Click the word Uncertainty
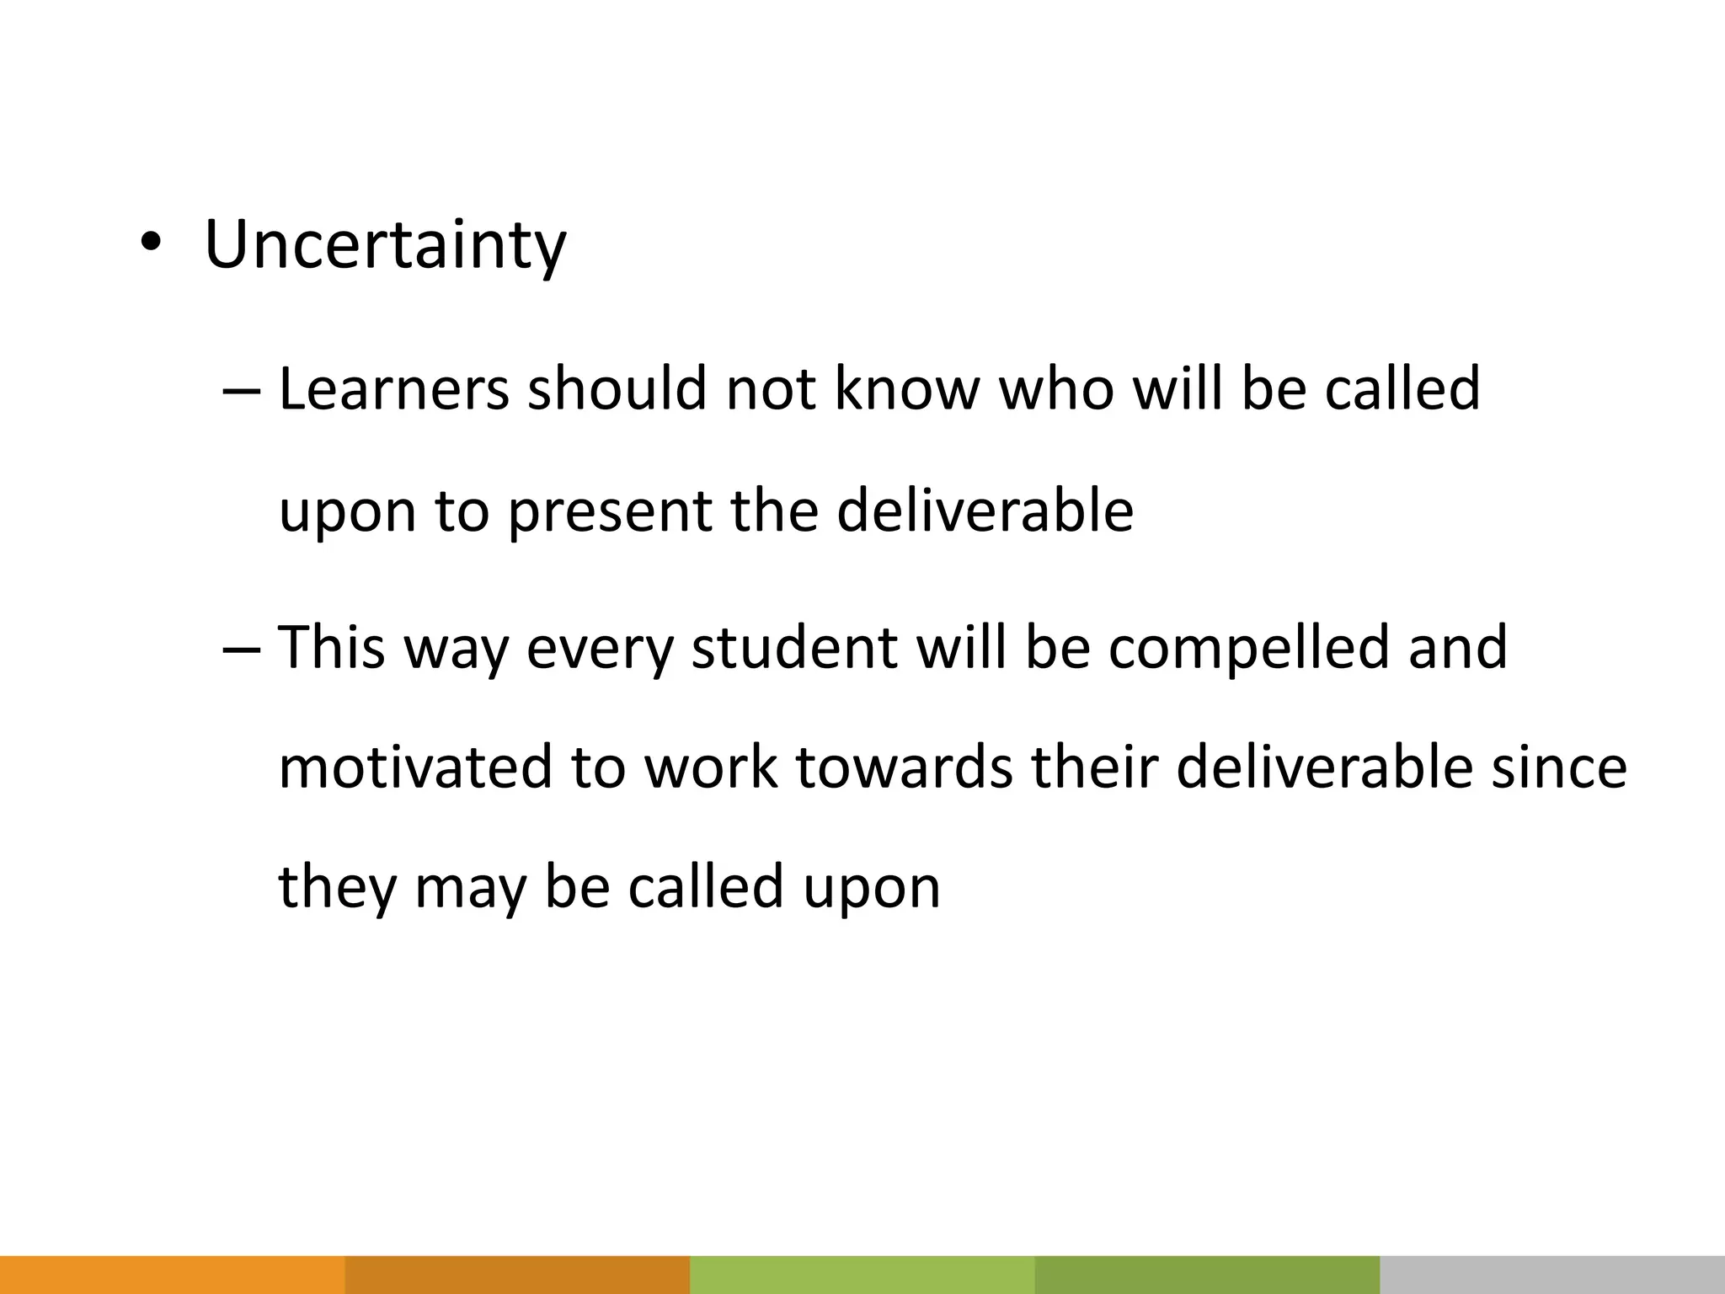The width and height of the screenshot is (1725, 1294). [385, 244]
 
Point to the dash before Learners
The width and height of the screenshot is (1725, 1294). [243, 391]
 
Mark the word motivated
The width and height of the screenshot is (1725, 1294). [415, 767]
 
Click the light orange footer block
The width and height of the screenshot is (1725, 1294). [172, 1275]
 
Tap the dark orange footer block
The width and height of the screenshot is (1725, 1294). [517, 1275]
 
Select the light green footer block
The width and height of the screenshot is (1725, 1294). [862, 1275]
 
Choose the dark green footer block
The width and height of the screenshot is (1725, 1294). [1207, 1275]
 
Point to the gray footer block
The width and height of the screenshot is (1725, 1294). [1552, 1275]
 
